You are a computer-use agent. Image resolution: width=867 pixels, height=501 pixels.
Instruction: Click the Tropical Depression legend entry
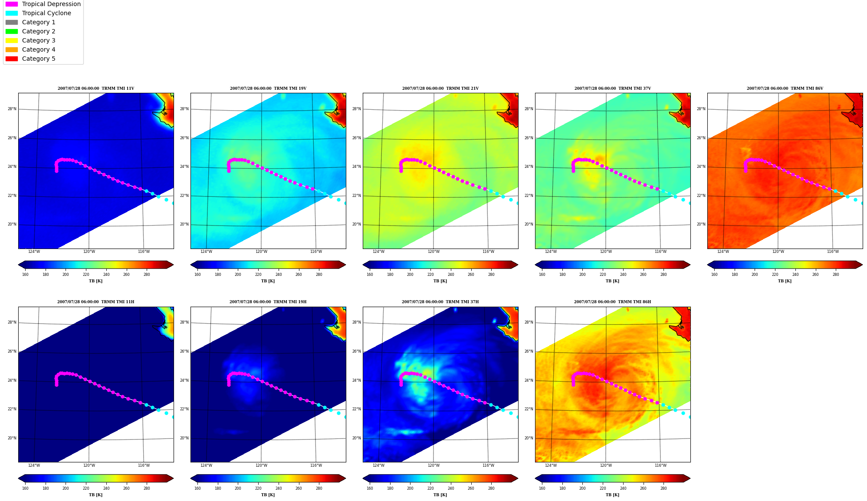click(x=43, y=4)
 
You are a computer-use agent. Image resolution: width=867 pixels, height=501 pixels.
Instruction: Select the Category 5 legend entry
click(x=30, y=59)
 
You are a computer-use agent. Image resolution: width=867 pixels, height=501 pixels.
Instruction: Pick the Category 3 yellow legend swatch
click(x=12, y=40)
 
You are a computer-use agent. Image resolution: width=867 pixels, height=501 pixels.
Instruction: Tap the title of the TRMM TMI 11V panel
click(x=96, y=88)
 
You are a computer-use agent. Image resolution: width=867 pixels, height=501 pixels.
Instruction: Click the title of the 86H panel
click(x=612, y=302)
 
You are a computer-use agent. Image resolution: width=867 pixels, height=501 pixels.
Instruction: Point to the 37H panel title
click(x=440, y=302)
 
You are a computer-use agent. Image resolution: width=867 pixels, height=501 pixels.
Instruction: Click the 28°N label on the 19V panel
click(x=184, y=109)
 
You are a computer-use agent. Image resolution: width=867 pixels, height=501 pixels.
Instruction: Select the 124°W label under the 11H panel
click(x=34, y=465)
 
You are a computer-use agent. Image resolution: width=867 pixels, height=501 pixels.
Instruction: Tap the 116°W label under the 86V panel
click(x=833, y=252)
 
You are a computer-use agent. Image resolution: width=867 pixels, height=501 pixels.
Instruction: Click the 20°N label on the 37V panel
click(x=529, y=224)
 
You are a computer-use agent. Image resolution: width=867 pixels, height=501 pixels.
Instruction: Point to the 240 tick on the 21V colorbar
click(x=451, y=274)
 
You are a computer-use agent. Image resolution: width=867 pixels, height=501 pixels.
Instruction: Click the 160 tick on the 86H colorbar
click(x=542, y=488)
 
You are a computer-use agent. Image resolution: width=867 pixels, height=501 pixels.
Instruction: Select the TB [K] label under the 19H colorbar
click(x=268, y=495)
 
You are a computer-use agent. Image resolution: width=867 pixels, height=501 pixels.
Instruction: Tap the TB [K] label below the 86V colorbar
click(x=785, y=281)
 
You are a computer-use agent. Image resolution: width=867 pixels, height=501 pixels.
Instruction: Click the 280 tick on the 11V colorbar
click(x=147, y=274)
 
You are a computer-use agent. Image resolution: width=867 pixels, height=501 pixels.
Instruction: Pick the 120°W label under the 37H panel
click(x=433, y=465)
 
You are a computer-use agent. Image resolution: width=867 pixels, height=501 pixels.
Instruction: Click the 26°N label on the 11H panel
click(x=12, y=351)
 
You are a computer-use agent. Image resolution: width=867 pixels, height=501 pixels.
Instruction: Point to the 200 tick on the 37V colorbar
click(x=582, y=274)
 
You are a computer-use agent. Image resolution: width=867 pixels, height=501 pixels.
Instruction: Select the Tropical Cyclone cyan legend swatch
click(x=12, y=13)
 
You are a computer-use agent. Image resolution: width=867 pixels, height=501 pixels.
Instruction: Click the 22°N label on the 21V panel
click(x=357, y=196)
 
